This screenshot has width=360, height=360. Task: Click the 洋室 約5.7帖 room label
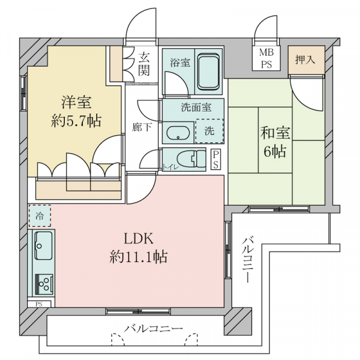click(x=75, y=110)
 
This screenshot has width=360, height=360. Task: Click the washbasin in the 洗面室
click(x=178, y=134)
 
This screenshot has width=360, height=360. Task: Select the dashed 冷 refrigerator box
click(x=40, y=215)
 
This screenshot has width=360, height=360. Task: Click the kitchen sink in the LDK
click(x=43, y=245)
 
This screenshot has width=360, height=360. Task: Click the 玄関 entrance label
click(x=145, y=64)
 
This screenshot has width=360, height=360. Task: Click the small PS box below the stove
click(x=39, y=304)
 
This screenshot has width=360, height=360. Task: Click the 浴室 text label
click(x=179, y=62)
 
